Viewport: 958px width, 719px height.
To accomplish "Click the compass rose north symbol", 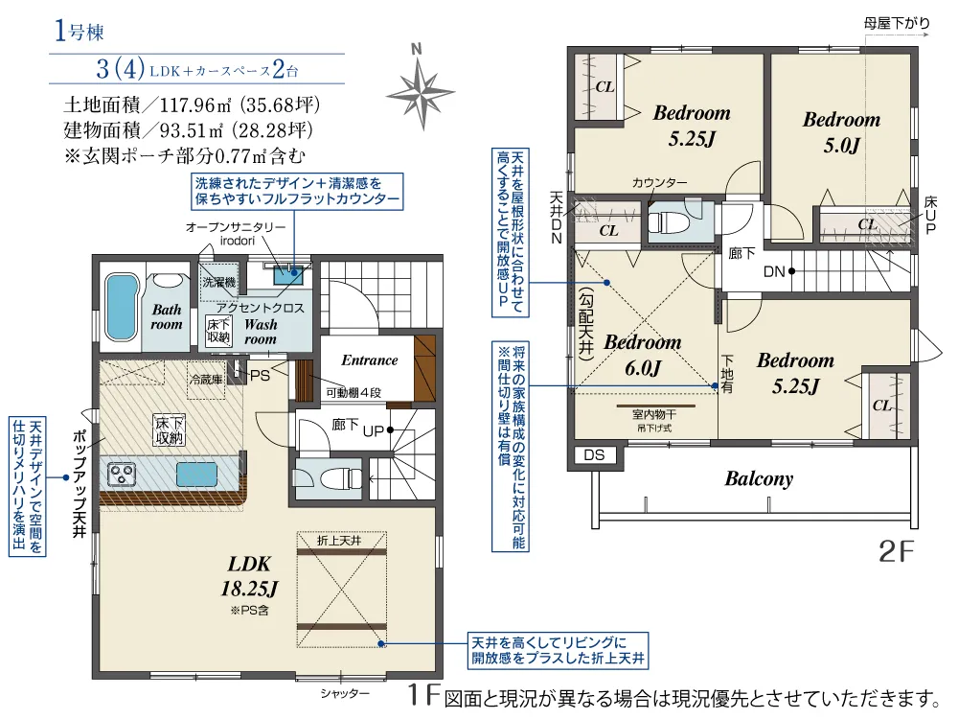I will point(420,87).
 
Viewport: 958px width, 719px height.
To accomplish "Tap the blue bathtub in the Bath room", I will point(120,301).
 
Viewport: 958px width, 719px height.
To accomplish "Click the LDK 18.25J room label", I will point(251,574).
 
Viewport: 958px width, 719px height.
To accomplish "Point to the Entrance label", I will point(369,360).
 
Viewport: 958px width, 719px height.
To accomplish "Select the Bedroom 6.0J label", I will point(643,354).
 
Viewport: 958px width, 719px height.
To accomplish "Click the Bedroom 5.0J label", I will point(841,132).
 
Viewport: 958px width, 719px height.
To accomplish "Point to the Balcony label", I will point(759,478).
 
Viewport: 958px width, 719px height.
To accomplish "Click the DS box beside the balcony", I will point(594,455).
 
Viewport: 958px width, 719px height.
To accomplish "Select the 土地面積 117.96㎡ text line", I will point(191,104).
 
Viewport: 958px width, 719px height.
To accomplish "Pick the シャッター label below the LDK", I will point(344,692).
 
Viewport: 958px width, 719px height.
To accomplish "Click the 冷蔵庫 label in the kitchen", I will point(205,380).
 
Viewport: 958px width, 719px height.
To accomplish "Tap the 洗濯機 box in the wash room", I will point(217,283).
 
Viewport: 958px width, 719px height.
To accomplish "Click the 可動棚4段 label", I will point(354,393).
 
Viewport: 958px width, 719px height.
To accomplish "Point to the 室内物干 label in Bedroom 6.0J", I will point(654,414).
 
